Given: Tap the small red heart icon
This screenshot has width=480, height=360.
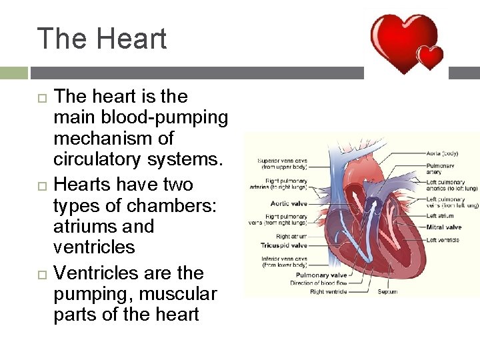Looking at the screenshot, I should pyautogui.click(x=430, y=57).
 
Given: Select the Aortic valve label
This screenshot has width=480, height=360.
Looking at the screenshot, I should pyautogui.click(x=289, y=203).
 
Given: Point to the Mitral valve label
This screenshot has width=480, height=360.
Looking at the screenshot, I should pyautogui.click(x=443, y=227).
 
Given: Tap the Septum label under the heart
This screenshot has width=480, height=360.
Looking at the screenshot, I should pyautogui.click(x=387, y=291).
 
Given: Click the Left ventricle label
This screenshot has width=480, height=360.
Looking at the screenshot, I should pyautogui.click(x=444, y=240).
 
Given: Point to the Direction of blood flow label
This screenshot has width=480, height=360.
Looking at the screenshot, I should pyautogui.click(x=319, y=283).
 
